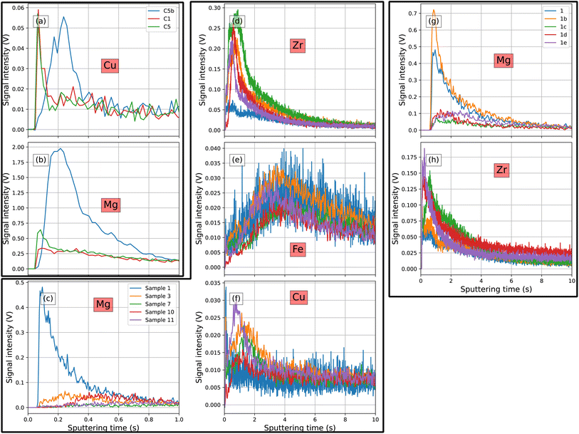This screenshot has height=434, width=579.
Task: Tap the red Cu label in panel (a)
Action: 110,67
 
